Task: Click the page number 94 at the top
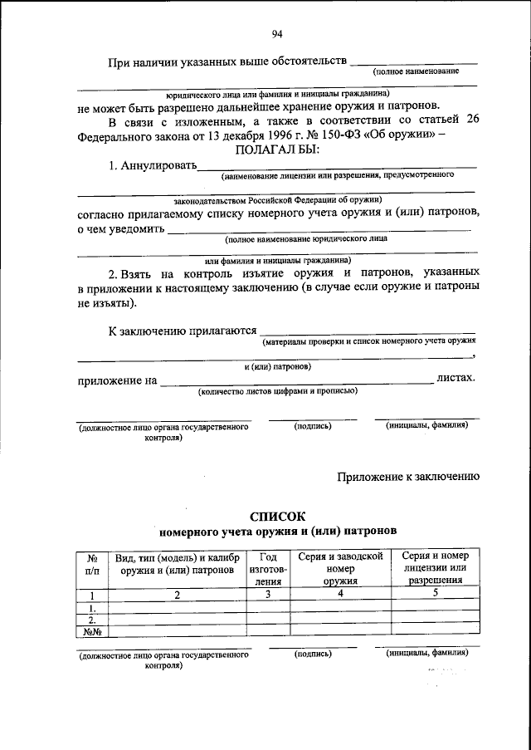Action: pos(277,34)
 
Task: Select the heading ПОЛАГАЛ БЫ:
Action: pos(277,150)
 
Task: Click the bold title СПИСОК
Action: pos(277,515)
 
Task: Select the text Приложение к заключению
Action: pos(408,476)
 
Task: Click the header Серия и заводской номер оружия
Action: pos(340,569)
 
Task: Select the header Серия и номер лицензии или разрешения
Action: pos(435,568)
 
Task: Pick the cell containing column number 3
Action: pos(267,595)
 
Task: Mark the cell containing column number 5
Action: pos(435,594)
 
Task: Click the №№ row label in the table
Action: pos(93,630)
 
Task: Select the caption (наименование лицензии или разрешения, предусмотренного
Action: pos(336,176)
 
